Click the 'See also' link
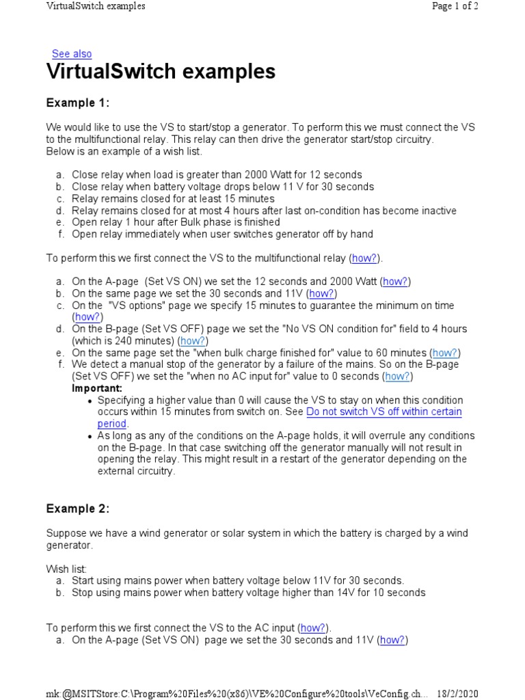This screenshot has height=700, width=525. tap(72, 54)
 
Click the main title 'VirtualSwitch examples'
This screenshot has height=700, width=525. tap(161, 72)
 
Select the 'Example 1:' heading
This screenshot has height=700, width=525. tap(78, 103)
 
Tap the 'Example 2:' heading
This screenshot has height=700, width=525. tap(78, 509)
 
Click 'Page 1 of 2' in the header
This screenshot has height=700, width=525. tap(455, 6)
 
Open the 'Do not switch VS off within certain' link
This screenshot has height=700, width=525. tap(384, 412)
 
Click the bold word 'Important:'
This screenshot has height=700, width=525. tap(97, 388)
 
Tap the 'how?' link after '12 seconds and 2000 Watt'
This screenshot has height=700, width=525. tap(396, 282)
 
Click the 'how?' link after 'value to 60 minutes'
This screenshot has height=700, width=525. tap(444, 353)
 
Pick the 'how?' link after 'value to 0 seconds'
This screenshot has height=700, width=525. tap(398, 377)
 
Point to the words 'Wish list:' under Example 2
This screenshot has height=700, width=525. tap(66, 569)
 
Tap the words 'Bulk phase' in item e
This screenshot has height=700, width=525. tap(195, 222)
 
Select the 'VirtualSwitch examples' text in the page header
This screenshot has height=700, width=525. tap(96, 6)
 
